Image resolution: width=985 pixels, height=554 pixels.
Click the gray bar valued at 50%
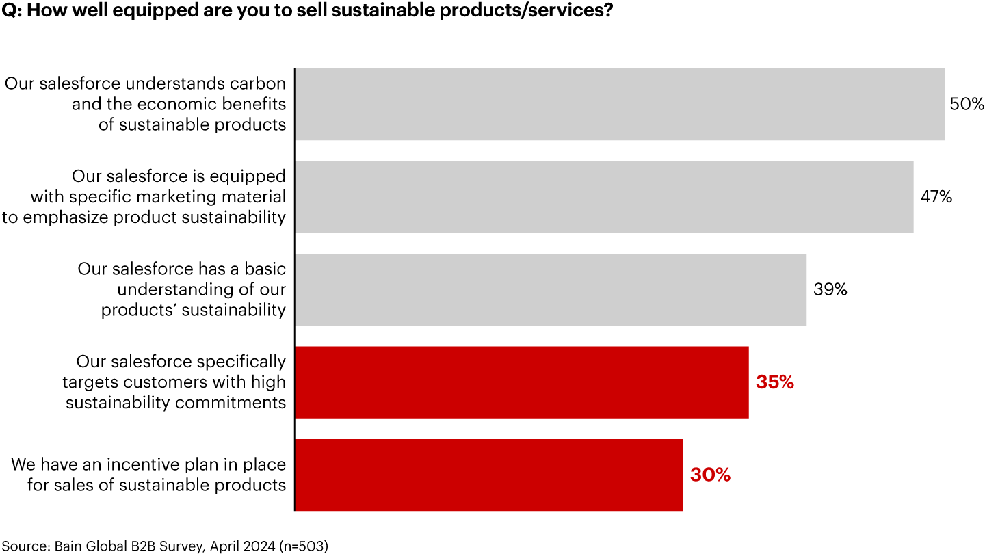[620, 104]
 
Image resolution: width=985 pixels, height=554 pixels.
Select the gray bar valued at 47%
[604, 197]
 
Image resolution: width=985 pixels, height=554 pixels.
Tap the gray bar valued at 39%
[551, 290]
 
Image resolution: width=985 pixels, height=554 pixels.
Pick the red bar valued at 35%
[522, 382]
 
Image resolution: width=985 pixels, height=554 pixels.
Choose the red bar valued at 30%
[489, 475]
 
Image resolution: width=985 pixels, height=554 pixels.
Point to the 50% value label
[967, 105]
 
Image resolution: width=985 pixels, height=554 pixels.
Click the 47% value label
[936, 197]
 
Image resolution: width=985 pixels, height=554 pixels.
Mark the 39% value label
[830, 290]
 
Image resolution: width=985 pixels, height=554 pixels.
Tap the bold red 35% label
[774, 382]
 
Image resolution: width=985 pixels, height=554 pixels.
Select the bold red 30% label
[710, 475]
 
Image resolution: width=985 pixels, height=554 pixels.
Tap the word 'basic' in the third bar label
[264, 269]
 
